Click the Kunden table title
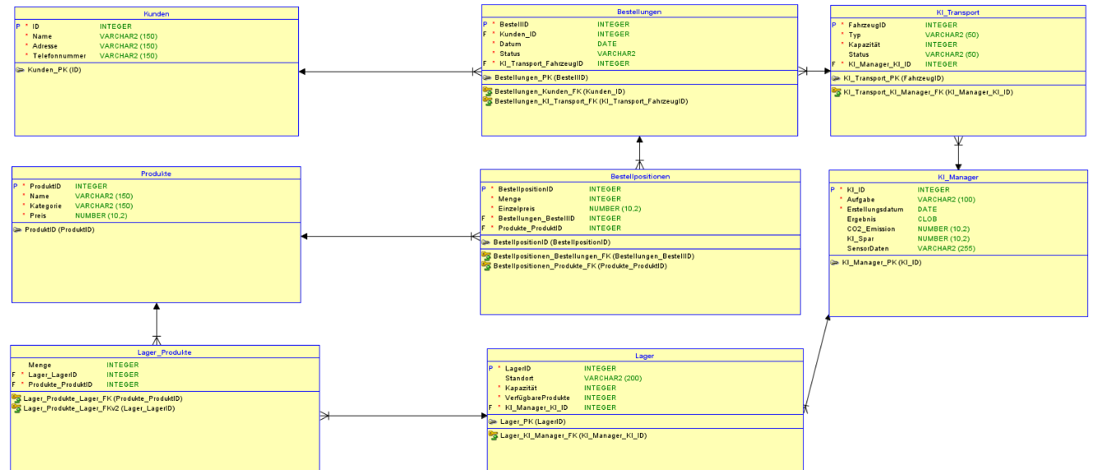pos(157,14)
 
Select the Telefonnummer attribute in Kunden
pos(59,56)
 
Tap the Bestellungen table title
pos(639,12)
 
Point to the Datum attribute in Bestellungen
pos(511,44)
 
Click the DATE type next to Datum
pos(607,44)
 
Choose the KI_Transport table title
pos(958,12)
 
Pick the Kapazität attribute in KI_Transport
pos(866,44)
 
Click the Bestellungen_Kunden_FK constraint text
pos(559,91)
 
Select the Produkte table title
pos(156,174)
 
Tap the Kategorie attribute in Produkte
pos(46,206)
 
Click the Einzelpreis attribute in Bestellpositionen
pos(517,208)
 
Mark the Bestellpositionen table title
pos(640,176)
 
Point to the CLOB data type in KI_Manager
pos(927,219)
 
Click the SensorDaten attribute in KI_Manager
pos(868,248)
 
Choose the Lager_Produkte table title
pos(165,351)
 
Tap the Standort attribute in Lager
pos(520,378)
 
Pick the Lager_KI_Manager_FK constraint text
pos(573,435)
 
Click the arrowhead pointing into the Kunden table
pos(302,72)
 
